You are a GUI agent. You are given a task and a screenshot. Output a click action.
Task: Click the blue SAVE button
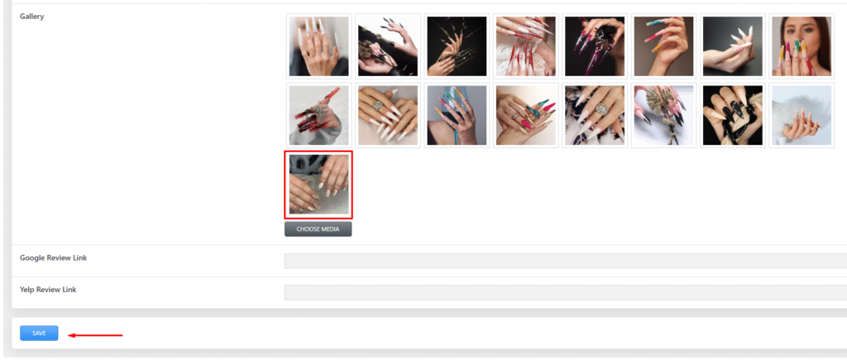point(39,333)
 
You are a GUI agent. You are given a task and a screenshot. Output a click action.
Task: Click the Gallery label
point(32,17)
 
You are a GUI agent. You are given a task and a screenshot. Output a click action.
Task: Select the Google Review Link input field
point(566,261)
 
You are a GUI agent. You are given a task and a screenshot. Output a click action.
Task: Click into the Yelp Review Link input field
point(566,292)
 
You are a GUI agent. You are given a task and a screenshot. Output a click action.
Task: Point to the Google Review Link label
point(54,258)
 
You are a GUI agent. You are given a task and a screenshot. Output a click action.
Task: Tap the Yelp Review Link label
point(48,290)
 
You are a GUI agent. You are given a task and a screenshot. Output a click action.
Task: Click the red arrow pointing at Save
point(95,335)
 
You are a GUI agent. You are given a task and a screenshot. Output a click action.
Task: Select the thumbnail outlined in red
point(318,185)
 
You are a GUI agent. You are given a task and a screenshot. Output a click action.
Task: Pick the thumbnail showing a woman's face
point(802,46)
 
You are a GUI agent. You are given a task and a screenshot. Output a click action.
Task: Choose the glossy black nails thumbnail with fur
point(733,115)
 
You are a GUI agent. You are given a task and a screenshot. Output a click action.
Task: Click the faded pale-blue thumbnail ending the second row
point(802,115)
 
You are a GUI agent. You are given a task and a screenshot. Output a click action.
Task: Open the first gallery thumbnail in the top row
point(318,46)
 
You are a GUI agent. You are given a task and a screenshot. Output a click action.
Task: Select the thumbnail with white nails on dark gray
point(733,46)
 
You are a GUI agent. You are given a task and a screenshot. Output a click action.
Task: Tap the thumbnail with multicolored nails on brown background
point(663,46)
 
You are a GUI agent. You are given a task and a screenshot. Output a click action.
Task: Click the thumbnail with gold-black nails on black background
point(457,46)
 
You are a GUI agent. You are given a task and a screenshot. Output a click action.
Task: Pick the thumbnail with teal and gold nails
point(525,115)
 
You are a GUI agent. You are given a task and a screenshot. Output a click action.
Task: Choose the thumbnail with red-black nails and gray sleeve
point(318,115)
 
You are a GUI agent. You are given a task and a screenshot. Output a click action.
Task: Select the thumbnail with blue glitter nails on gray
point(457,115)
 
